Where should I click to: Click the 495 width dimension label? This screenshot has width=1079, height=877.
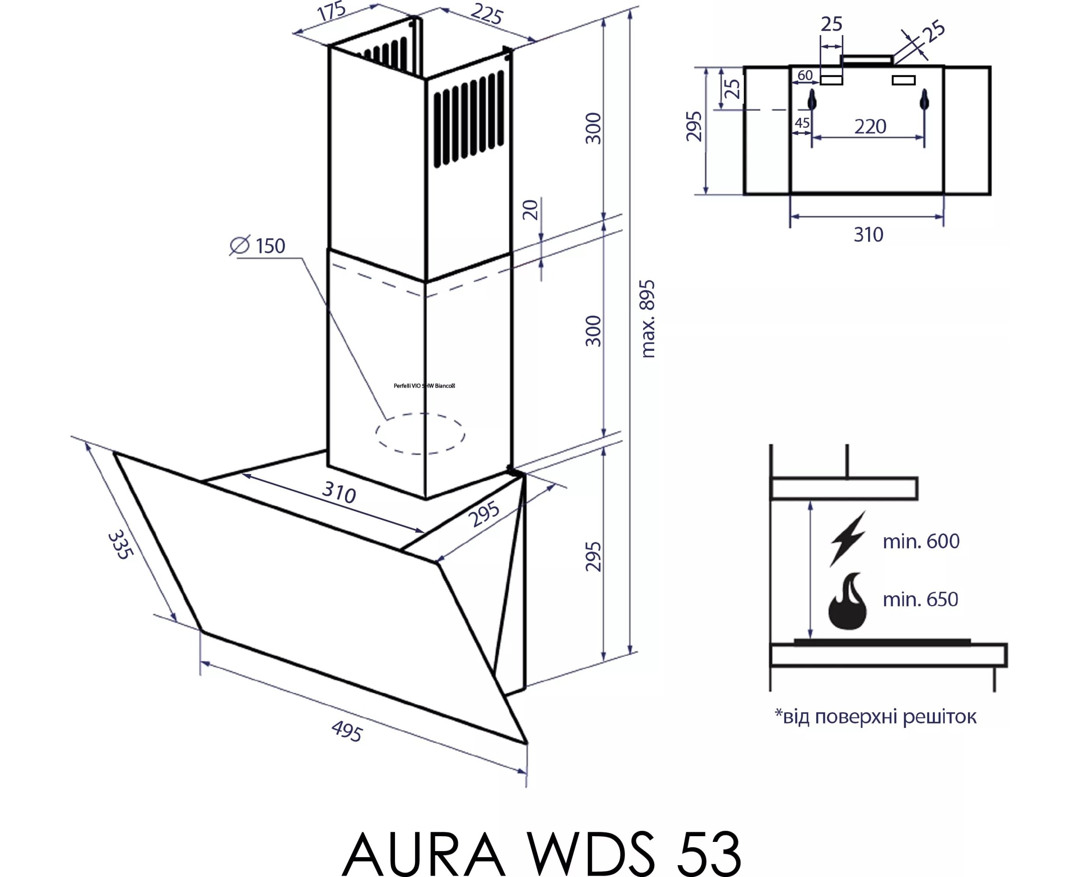(x=347, y=731)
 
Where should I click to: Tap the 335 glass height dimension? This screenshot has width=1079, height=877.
(x=121, y=544)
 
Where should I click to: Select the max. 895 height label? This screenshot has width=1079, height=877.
(x=648, y=319)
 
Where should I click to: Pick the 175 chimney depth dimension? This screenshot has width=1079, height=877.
(x=331, y=11)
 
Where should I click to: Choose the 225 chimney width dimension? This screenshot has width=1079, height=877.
(x=487, y=14)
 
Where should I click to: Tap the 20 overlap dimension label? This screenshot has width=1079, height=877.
(x=531, y=210)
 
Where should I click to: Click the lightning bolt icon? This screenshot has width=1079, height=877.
(x=848, y=538)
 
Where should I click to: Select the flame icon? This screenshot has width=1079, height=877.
(x=848, y=601)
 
